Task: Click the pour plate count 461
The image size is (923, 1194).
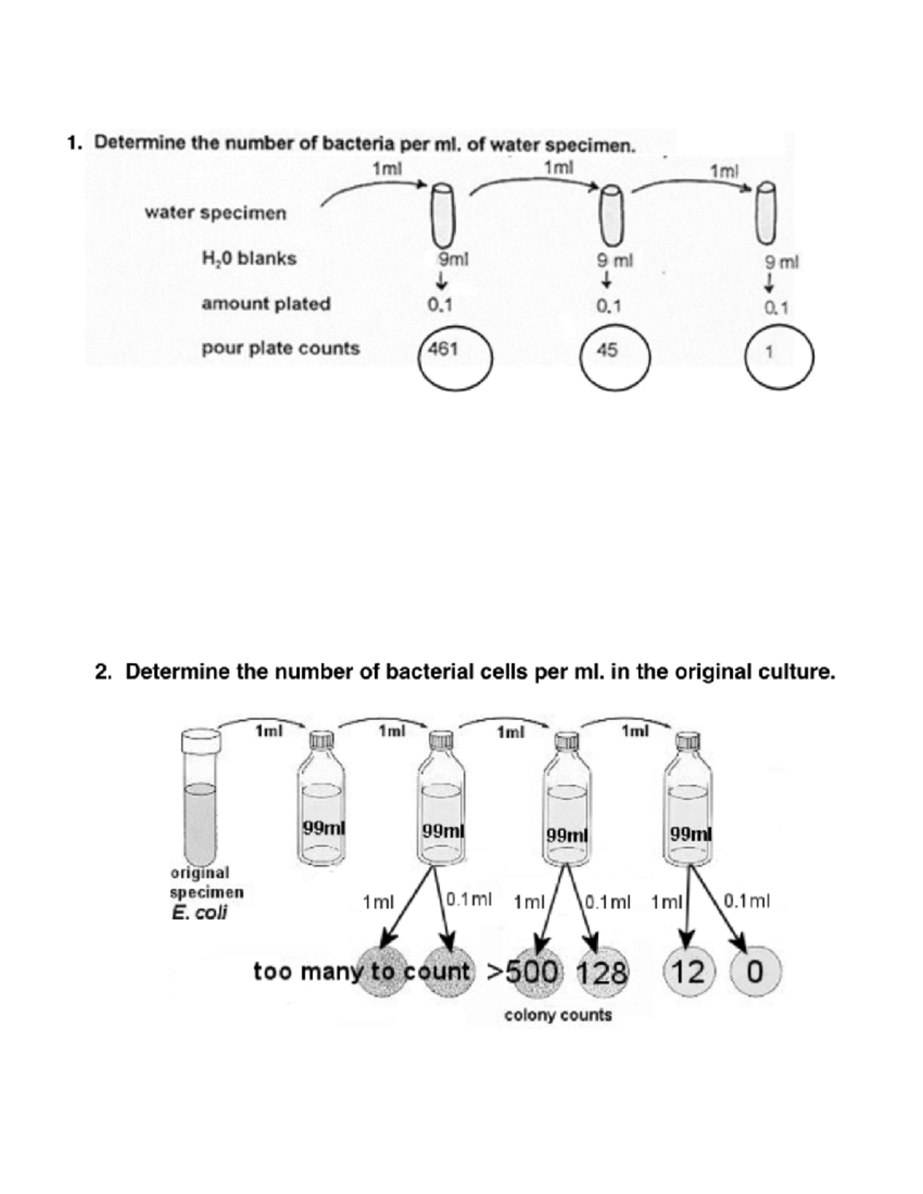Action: [x=443, y=350]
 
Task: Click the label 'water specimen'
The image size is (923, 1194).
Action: [x=215, y=213]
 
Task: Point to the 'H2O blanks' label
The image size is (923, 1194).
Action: [x=248, y=258]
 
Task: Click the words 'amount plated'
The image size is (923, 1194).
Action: [x=266, y=304]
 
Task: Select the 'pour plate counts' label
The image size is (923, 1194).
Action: [x=281, y=348]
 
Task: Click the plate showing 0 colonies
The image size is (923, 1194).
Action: [x=755, y=972]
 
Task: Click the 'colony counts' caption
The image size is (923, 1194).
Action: [x=558, y=1015]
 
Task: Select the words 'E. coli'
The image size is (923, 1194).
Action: [x=199, y=913]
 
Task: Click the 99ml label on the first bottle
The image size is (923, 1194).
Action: [x=323, y=828]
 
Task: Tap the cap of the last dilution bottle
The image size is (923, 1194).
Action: [x=687, y=740]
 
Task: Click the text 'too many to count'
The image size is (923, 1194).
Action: [x=362, y=972]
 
